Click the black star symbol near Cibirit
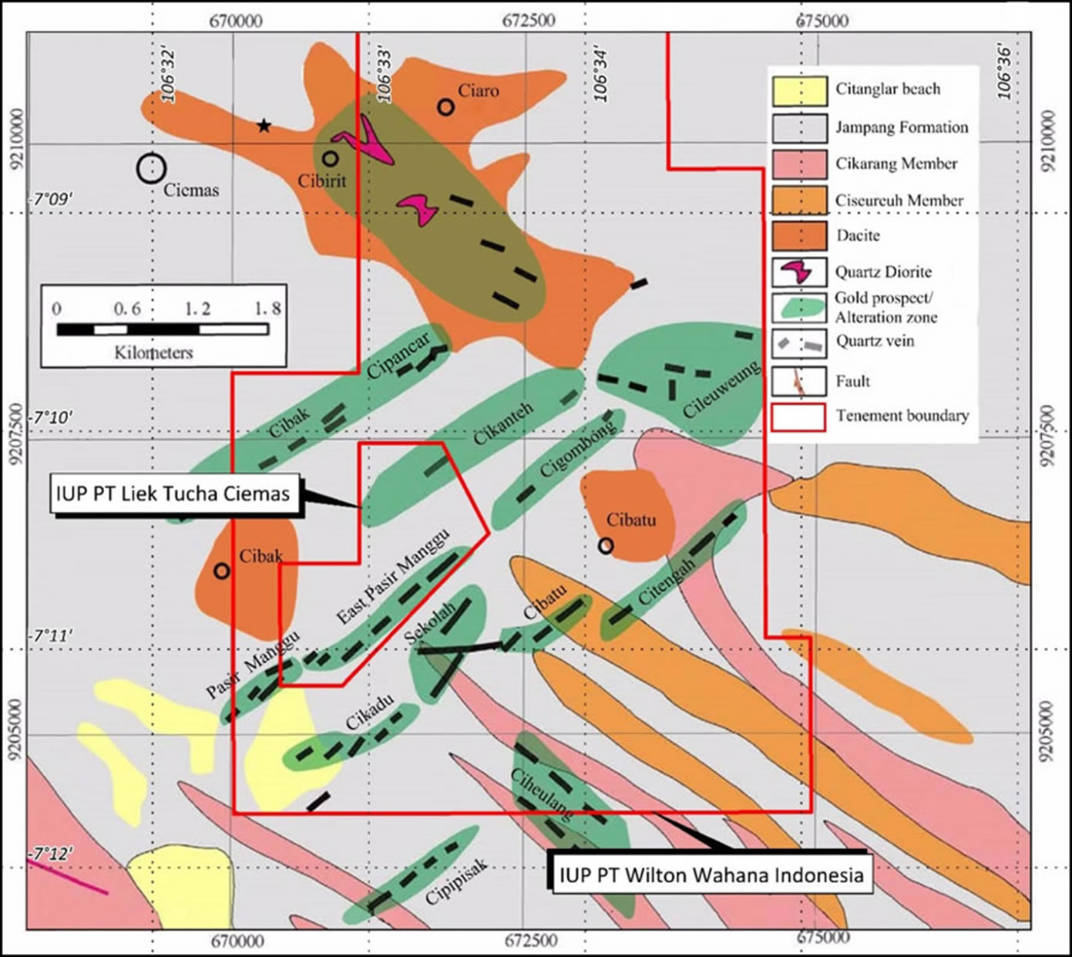(x=264, y=126)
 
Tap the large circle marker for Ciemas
(x=151, y=168)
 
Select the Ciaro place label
(x=478, y=91)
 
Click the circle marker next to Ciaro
(x=445, y=106)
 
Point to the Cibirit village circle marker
(x=330, y=159)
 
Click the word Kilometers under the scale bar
(x=153, y=353)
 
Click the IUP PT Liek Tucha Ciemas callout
(x=173, y=493)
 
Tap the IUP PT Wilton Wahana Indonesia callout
(x=711, y=875)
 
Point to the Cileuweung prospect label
(x=721, y=389)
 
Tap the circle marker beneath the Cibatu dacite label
(x=606, y=546)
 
